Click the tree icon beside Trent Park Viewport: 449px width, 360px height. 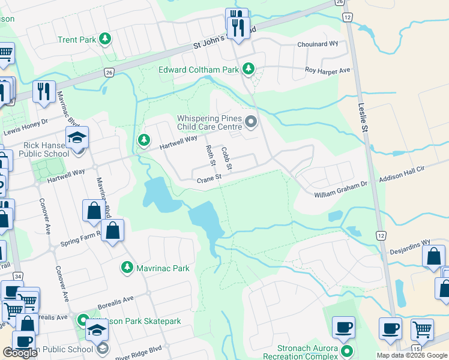tap(106, 40)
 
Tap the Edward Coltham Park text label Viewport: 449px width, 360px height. tap(198, 70)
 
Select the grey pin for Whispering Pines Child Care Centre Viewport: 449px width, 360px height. tap(251, 122)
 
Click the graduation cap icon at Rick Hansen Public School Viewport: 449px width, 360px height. tap(77, 139)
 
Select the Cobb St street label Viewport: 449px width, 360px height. tap(226, 157)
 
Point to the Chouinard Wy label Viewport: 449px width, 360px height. tap(318, 44)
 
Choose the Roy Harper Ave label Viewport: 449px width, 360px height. tap(327, 70)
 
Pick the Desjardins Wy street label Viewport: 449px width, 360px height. tap(409, 243)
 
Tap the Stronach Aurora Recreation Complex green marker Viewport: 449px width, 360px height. tap(346, 350)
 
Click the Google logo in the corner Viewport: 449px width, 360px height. tap(20, 353)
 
